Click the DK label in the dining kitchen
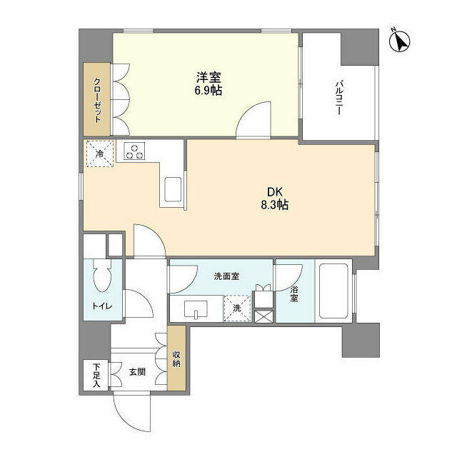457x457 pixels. pos(275,191)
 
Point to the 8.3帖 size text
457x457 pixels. pos(273,205)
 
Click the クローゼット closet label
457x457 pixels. pos(97,99)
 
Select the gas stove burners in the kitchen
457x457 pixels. pos(134,151)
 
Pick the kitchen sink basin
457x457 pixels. pos(174,191)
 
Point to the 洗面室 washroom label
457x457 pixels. pos(225,275)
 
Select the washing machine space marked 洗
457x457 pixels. pos(238,308)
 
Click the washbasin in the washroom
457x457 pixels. pos(195,310)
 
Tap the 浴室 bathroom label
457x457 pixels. pos(293,295)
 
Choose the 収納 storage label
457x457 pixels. pos(177,357)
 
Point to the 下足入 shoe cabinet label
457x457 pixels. pos(96,374)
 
